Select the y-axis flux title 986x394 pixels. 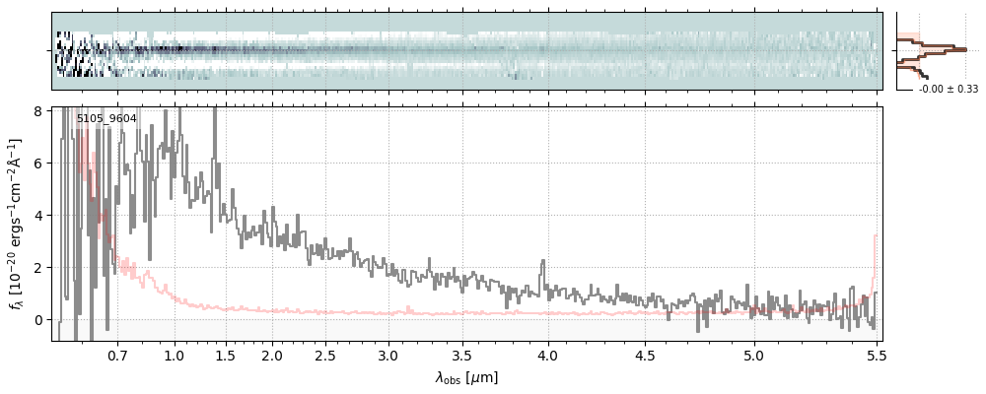click(x=17, y=224)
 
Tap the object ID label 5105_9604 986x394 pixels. click(x=106, y=119)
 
